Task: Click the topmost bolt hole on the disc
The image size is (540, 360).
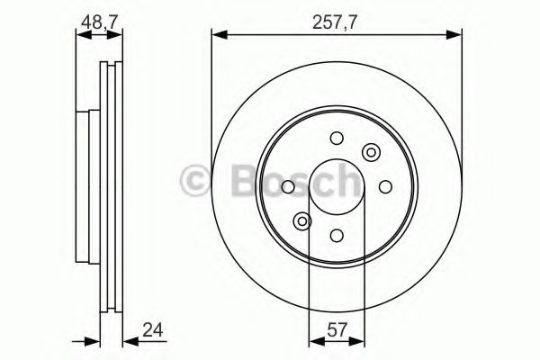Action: (x=336, y=138)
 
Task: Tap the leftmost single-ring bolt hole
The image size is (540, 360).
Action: (x=287, y=186)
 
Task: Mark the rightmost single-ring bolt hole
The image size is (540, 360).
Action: (x=384, y=186)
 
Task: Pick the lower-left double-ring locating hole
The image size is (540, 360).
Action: (x=302, y=220)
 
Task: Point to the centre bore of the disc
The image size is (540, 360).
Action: (x=336, y=186)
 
